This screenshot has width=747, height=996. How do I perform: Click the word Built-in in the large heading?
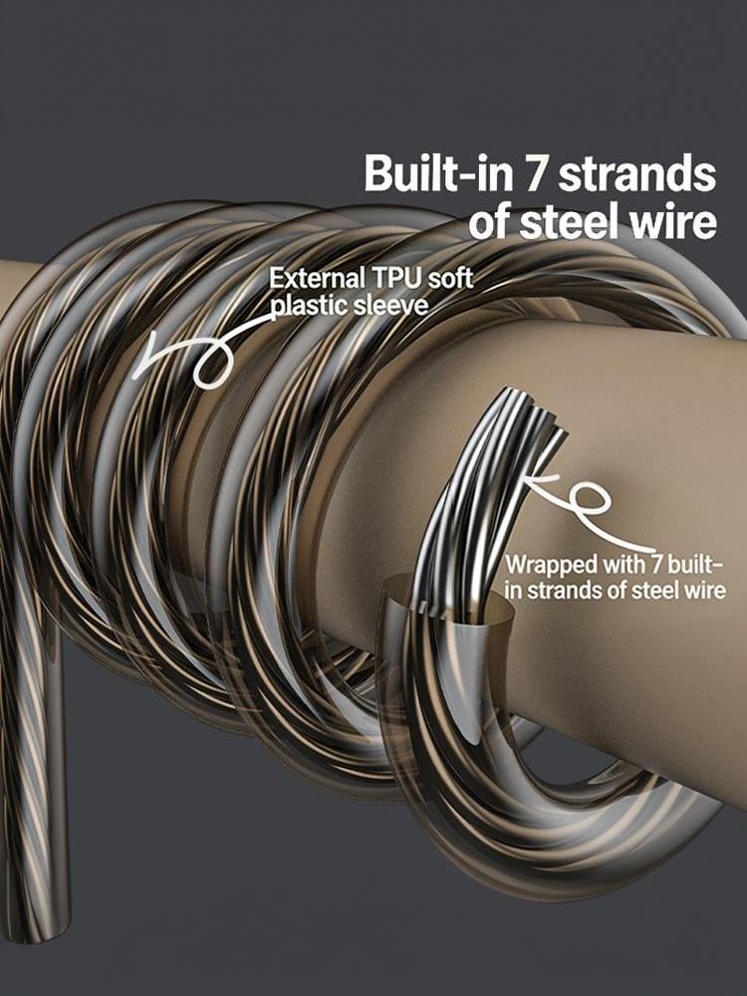438,172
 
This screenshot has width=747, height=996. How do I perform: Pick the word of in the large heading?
490,222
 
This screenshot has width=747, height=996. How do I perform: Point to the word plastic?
309,306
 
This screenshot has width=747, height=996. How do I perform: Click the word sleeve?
390,306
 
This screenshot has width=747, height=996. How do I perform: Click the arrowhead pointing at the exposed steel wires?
534,484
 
